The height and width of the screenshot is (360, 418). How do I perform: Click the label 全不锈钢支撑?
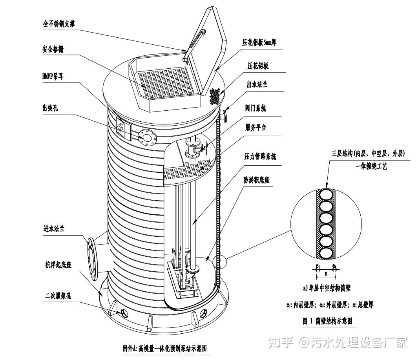(x=59, y=24)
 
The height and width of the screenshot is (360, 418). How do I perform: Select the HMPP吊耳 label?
(x=53, y=76)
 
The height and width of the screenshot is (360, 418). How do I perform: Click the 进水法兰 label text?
(x=54, y=229)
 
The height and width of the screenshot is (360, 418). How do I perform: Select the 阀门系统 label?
(x=256, y=108)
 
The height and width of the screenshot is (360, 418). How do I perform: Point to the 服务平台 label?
(x=256, y=128)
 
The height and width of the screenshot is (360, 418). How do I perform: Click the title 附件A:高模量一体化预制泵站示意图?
(x=164, y=348)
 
